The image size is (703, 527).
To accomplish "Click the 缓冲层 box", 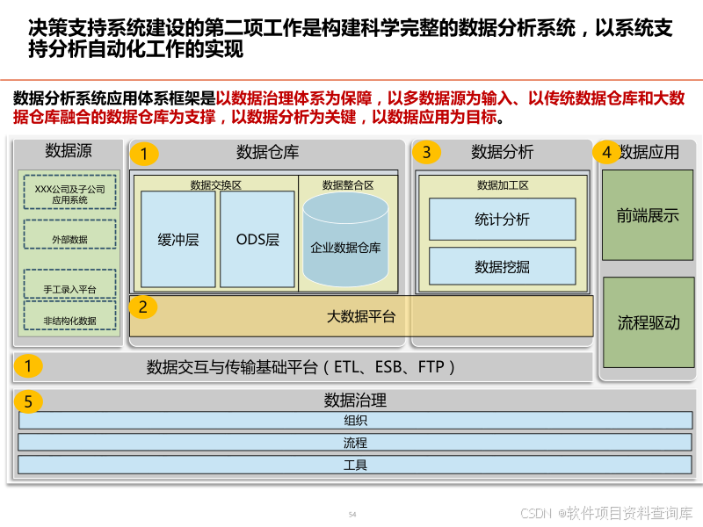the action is [178, 239].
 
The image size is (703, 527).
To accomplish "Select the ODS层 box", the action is [257, 239].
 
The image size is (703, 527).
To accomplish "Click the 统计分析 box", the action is [502, 220].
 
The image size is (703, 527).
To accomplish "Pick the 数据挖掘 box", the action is [502, 266].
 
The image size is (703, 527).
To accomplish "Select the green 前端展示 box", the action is [648, 215].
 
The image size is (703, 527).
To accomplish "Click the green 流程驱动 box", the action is [648, 322].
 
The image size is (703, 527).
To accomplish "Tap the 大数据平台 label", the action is [361, 316].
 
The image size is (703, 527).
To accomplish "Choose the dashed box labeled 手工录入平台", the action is [69, 288].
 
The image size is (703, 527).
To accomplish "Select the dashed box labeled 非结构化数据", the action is [69, 321].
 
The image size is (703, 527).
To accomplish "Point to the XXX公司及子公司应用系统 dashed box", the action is [69, 193].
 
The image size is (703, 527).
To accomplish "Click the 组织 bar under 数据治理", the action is [355, 421].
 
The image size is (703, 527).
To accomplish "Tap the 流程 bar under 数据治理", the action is [355, 443].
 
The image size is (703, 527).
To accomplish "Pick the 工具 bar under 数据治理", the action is [355, 465].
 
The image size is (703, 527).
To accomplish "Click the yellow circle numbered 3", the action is [426, 153].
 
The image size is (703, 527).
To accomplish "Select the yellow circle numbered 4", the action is [606, 152].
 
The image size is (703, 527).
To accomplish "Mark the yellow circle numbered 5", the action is [29, 401].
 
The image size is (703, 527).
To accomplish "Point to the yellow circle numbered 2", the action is [143, 307].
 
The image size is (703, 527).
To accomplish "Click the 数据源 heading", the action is [69, 151].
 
